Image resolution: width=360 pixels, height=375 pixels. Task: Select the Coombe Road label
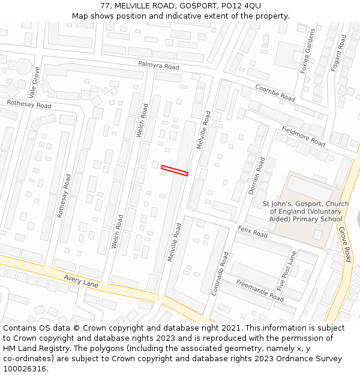tap(275, 92)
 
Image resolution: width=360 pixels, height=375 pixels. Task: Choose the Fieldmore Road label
tap(303, 136)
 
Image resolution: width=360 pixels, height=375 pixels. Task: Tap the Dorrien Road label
tap(257, 176)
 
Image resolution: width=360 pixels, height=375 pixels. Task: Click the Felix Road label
tap(252, 232)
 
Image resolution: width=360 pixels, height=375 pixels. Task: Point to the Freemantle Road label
tap(259, 290)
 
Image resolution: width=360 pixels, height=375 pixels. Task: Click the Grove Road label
tap(344, 244)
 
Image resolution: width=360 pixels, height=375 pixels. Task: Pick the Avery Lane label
tap(81, 280)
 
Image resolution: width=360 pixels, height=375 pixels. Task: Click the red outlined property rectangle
tap(175, 170)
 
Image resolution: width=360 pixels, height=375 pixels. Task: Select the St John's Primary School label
tap(305, 211)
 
